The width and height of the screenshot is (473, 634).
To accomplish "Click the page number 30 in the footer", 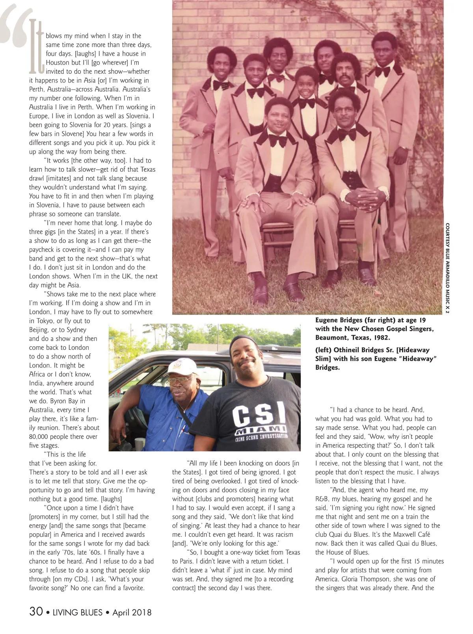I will (x=36, y=611).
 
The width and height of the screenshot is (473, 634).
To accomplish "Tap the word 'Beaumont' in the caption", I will (x=332, y=338).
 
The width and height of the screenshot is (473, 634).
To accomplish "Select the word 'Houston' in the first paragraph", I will (x=59, y=62).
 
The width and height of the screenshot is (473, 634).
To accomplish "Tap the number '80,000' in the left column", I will (x=43, y=437).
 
